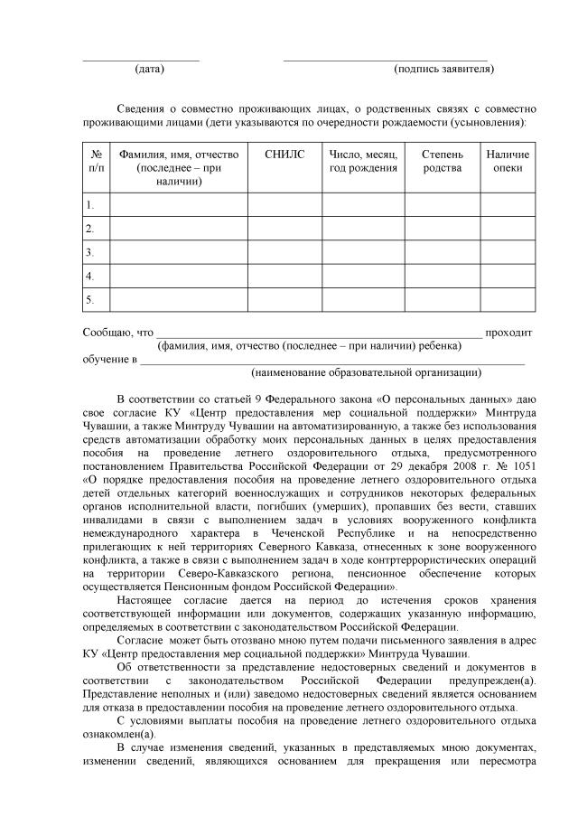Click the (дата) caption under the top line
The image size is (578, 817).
[x=149, y=69]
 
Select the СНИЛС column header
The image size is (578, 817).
[x=284, y=155]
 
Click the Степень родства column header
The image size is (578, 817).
[x=442, y=161]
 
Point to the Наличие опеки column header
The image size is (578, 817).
[x=508, y=161]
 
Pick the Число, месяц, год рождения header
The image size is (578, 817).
[x=363, y=161]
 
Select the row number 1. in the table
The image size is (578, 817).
[x=90, y=205]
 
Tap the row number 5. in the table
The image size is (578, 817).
[x=90, y=299]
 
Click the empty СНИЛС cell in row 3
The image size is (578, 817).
[x=284, y=252]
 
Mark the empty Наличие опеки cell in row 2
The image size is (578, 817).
[x=508, y=229]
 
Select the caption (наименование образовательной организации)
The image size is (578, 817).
[x=366, y=371]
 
